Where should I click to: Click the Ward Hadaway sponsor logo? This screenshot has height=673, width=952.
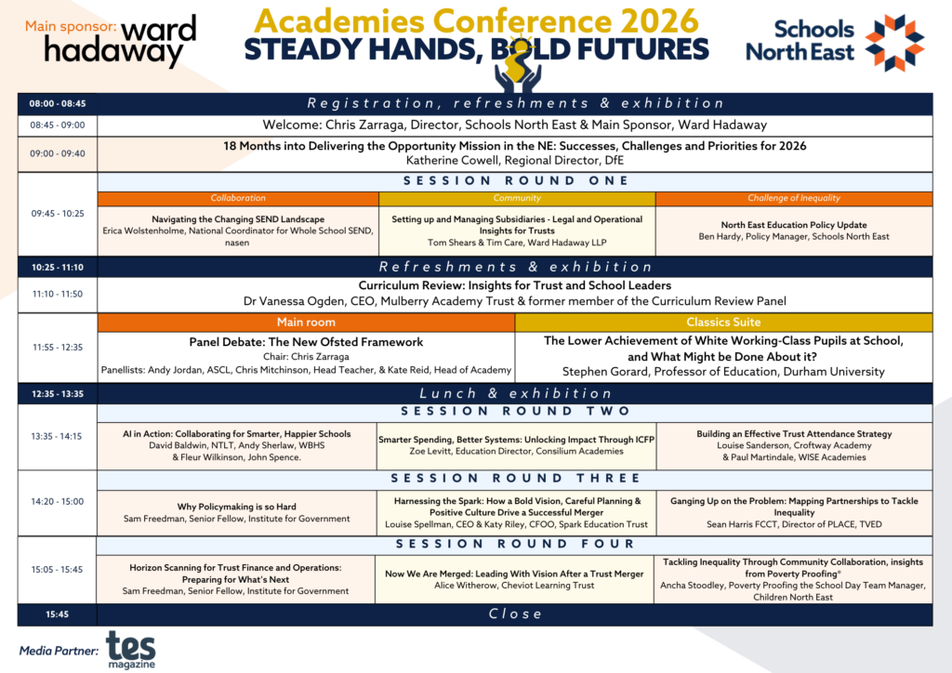pos(120,41)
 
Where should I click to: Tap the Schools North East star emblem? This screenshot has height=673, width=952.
pos(894,43)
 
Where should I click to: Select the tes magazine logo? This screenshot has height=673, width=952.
pos(131,650)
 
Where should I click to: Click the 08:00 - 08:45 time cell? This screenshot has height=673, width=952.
pos(58,104)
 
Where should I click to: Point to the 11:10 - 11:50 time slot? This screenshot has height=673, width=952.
pos(58,295)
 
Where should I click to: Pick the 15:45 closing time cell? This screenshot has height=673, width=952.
pos(57,614)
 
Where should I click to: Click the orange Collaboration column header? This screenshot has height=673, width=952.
pos(238,198)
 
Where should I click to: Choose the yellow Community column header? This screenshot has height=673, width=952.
pos(517,198)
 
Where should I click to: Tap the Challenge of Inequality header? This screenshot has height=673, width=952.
pos(794,198)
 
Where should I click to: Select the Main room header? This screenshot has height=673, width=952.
pos(306,323)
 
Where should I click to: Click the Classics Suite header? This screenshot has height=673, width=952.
pos(723,323)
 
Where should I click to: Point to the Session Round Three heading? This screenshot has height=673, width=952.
pos(515,479)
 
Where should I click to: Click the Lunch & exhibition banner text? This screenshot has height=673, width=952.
pos(515,394)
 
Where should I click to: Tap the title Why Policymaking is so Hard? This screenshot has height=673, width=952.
pos(237,507)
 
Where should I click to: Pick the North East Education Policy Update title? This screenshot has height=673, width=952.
pos(794,225)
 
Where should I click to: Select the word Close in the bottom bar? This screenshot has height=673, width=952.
pos(515,614)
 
